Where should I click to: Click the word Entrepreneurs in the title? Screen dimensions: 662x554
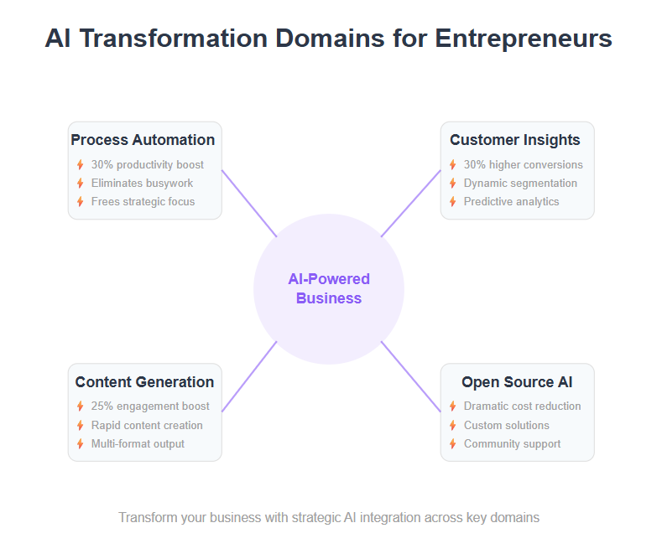click(x=523, y=39)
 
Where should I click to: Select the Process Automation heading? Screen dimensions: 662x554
click(x=143, y=140)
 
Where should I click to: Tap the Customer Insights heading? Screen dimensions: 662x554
click(x=514, y=140)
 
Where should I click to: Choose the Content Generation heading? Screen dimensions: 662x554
click(x=144, y=382)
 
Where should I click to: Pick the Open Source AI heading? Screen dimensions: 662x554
click(x=517, y=382)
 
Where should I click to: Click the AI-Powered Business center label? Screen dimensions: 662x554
click(x=329, y=289)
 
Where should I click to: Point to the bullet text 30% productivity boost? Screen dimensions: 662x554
click(x=148, y=165)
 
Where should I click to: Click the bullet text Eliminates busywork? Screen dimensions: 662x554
click(x=142, y=184)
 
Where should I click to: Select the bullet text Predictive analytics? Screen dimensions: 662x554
click(x=511, y=202)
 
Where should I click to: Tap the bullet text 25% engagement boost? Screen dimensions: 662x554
click(x=150, y=406)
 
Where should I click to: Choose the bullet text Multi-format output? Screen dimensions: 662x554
click(x=138, y=444)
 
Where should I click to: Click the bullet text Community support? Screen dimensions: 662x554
click(x=512, y=444)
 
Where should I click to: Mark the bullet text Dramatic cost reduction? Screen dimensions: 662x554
click(x=522, y=406)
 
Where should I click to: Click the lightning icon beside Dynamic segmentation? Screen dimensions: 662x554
click(x=453, y=184)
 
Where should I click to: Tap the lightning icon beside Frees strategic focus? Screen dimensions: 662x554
click(x=81, y=202)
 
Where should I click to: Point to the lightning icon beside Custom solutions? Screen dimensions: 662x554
click(x=453, y=426)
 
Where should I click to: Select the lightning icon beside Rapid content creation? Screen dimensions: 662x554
click(x=81, y=426)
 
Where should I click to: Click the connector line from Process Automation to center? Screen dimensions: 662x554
click(x=249, y=204)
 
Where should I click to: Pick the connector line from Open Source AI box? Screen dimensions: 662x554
click(x=411, y=376)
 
